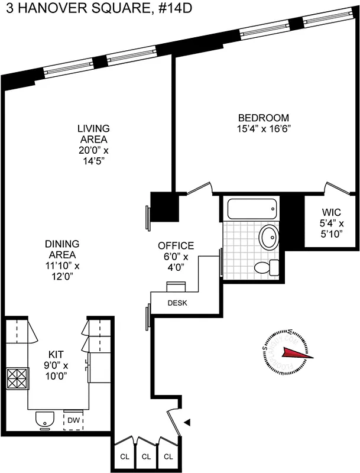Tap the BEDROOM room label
pyautogui.click(x=264, y=117)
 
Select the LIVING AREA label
pyautogui.click(x=93, y=134)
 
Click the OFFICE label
pyautogui.click(x=176, y=246)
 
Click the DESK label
pyautogui.click(x=177, y=303)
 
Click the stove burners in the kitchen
pyautogui.click(x=17, y=377)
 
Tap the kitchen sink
pyautogui.click(x=43, y=419)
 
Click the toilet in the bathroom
pyautogui.click(x=267, y=267)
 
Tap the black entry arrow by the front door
pyautogui.click(x=188, y=422)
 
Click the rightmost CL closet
pyautogui.click(x=168, y=456)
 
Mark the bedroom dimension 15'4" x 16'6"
pyautogui.click(x=264, y=128)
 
